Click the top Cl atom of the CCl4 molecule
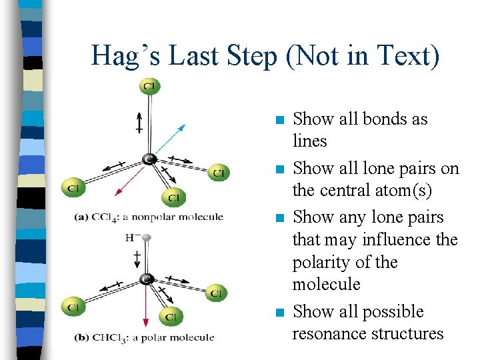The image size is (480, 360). point(150,87)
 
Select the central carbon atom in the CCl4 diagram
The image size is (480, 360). point(150,159)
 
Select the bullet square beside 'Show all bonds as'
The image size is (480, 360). point(279,121)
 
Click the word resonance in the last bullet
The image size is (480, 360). point(334,333)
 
